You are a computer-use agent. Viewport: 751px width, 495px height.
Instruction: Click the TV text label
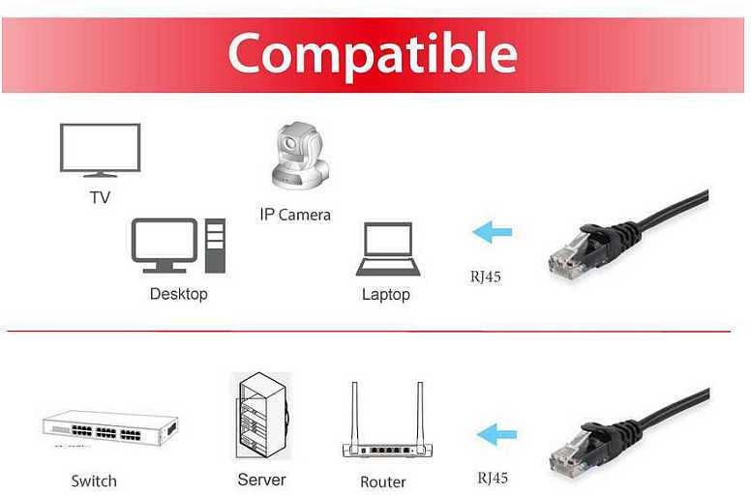pyautogui.click(x=100, y=197)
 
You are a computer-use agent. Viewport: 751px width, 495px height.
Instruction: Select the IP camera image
pyautogui.click(x=300, y=155)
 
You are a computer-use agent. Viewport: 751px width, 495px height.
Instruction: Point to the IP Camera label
pyautogui.click(x=295, y=215)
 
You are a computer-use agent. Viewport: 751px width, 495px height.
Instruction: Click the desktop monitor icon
pyautogui.click(x=165, y=246)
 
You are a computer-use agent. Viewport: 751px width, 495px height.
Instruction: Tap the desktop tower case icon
pyautogui.click(x=215, y=246)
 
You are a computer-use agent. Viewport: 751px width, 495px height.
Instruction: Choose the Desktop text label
pyautogui.click(x=179, y=294)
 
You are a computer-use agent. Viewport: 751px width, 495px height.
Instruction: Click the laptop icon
pyautogui.click(x=388, y=248)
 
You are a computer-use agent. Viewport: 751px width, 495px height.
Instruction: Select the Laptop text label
pyautogui.click(x=386, y=294)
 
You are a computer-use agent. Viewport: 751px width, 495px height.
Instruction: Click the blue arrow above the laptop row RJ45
pyautogui.click(x=493, y=232)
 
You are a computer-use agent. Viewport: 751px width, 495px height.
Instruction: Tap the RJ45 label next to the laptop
pyautogui.click(x=485, y=277)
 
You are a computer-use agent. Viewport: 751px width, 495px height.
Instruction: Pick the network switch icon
pyautogui.click(x=110, y=428)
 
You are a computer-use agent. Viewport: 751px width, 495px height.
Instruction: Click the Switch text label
pyautogui.click(x=94, y=480)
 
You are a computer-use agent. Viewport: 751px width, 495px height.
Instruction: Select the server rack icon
pyautogui.click(x=262, y=416)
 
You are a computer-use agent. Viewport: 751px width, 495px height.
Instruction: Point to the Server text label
pyautogui.click(x=261, y=480)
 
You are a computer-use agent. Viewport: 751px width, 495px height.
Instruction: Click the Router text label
pyautogui.click(x=383, y=481)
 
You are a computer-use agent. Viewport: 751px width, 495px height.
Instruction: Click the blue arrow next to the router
pyautogui.click(x=496, y=435)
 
